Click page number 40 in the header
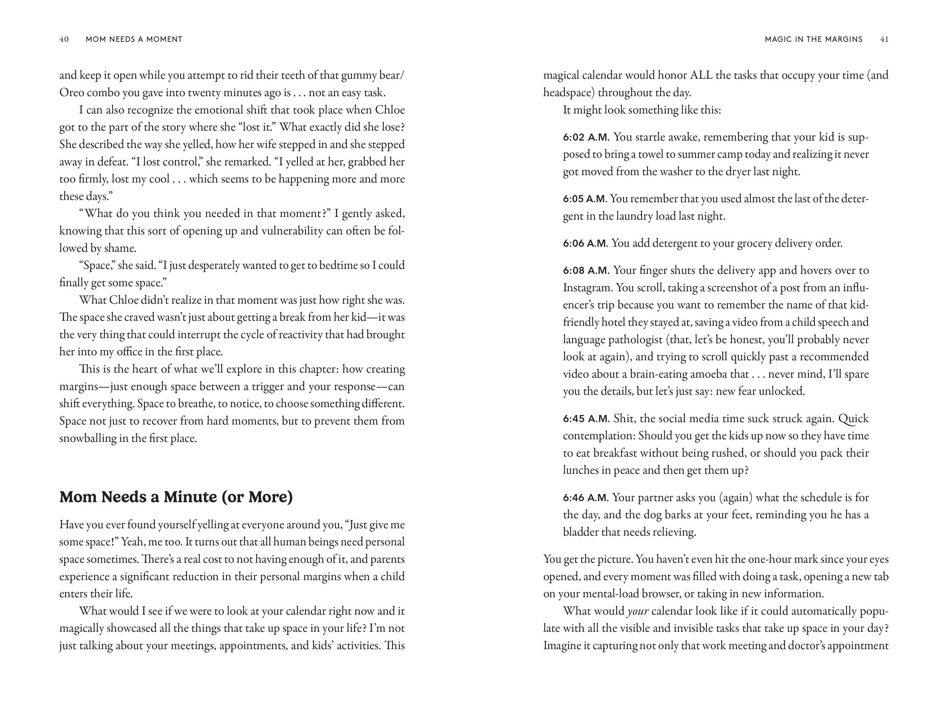64,39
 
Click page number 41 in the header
884,39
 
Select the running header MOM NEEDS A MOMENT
134,39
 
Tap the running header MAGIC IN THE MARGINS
813,39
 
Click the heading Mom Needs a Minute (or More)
176,497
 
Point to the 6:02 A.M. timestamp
586,137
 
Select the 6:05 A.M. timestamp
584,199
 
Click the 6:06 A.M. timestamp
586,244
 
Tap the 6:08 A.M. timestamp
586,271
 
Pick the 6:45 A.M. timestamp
586,419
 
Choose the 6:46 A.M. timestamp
586,498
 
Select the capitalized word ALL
701,75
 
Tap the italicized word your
637,611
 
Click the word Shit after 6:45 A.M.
623,419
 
